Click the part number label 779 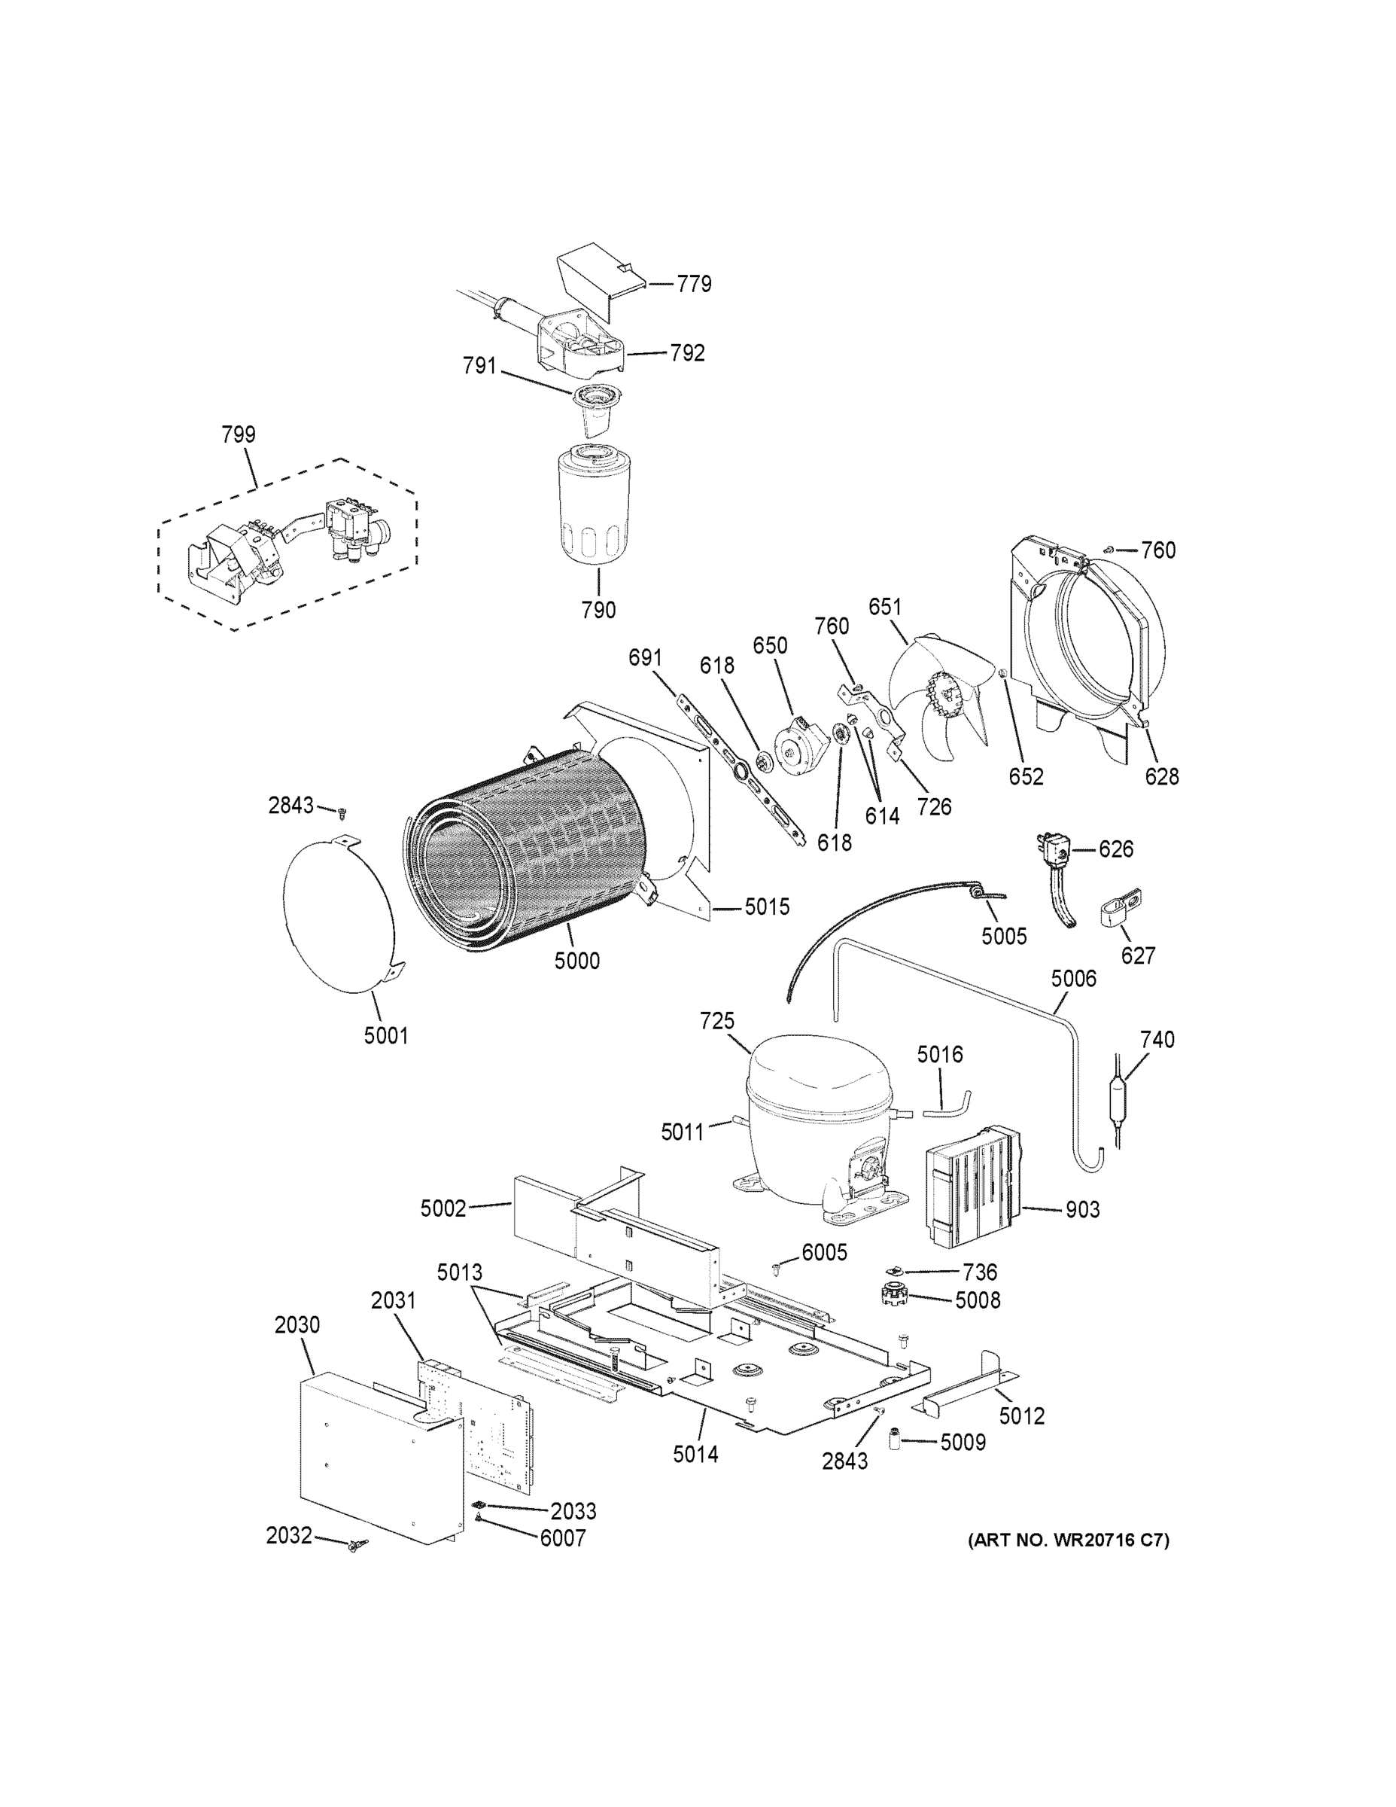pos(693,285)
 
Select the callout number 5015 pos(767,907)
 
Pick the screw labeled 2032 pos(357,1545)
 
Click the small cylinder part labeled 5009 pos(894,1440)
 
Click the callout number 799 pos(238,434)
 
